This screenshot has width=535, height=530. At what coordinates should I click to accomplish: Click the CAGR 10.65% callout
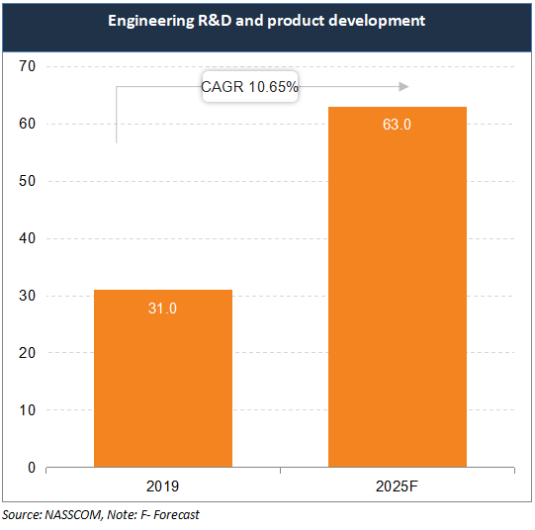249,87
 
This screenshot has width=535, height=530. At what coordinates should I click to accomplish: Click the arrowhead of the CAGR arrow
402,87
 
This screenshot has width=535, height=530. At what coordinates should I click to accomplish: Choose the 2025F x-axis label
398,486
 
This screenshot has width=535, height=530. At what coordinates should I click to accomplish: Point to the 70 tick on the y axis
27,67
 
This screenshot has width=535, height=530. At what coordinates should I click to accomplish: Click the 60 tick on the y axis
27,125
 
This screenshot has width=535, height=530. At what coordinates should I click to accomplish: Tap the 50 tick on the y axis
27,182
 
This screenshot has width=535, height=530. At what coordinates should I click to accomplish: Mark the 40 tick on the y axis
27,238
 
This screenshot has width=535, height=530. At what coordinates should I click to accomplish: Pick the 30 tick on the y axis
27,296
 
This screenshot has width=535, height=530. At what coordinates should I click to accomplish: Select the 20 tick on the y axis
27,353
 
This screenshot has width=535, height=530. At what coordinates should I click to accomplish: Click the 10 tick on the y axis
27,410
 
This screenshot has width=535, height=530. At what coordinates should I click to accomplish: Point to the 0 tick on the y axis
31,468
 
